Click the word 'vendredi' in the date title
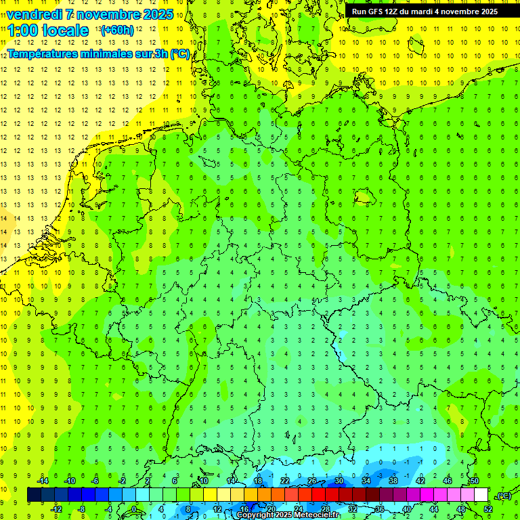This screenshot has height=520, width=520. (35, 14)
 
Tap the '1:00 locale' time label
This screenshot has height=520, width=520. (48, 30)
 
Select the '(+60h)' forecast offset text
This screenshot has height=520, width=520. (116, 30)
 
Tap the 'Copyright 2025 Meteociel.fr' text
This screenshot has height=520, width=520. (288, 515)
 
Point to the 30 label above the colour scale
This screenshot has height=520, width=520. (339, 481)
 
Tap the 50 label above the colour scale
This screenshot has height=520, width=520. (474, 481)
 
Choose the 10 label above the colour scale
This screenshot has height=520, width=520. (203, 481)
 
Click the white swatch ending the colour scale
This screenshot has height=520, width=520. (481, 495)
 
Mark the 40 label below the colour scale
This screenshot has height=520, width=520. (406, 508)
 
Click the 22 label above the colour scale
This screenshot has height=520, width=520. (284, 481)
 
